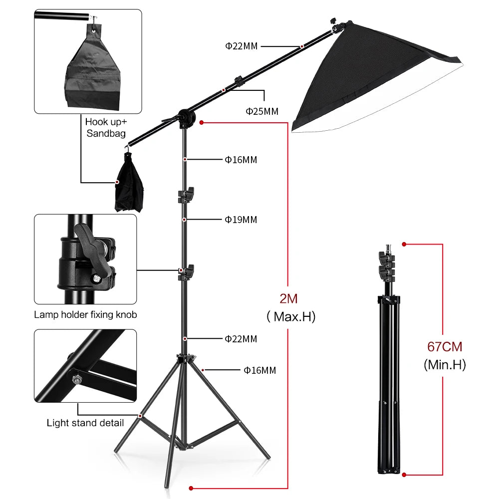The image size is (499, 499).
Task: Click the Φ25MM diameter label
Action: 261,111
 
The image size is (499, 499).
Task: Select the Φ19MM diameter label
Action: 241,220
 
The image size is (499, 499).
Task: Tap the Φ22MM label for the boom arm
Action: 241,46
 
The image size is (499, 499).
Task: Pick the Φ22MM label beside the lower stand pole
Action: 241,339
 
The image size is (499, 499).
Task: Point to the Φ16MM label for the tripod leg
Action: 259,370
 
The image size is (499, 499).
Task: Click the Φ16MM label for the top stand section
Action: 241,160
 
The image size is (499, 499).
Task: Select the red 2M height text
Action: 288,299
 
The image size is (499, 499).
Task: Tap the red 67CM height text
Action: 444,346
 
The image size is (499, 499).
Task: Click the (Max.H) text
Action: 291,317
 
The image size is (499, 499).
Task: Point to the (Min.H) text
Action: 444,365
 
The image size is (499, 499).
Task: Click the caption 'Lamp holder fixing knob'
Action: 85,314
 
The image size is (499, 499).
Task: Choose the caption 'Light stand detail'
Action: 85,423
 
